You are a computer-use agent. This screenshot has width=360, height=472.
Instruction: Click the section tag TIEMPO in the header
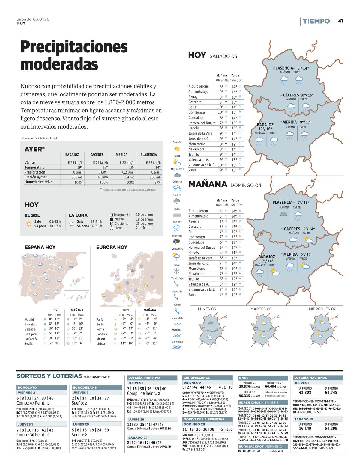[x=316, y=21]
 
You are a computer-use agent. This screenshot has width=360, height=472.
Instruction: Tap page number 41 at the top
[x=340, y=21]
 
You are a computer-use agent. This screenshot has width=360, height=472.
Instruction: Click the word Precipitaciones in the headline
[x=74, y=47]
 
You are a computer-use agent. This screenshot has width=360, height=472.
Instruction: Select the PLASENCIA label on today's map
[x=283, y=68]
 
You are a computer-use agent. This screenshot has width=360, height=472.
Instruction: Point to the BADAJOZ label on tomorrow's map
[x=266, y=257]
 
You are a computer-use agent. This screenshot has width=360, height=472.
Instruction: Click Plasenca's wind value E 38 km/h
[x=155, y=162]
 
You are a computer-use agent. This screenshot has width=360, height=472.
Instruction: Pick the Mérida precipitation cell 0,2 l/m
[x=128, y=172]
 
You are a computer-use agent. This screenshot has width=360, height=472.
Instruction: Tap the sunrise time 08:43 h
[x=55, y=222]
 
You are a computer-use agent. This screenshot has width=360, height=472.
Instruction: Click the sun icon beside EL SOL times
[x=29, y=224]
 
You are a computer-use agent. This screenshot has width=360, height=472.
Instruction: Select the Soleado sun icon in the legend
[x=177, y=148]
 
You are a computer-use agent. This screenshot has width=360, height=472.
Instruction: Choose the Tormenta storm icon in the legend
[x=177, y=241]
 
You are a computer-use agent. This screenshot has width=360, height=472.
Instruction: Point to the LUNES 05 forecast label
[x=207, y=309]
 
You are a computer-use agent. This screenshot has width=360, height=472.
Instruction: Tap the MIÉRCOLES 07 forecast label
[x=322, y=309]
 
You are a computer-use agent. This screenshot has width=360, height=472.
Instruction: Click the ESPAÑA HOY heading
[x=40, y=247]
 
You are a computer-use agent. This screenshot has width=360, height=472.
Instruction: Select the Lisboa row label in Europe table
[x=101, y=344]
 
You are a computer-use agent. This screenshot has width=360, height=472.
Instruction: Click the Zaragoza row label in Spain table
[x=31, y=334]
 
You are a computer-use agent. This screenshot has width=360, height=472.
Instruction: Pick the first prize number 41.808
[x=305, y=393]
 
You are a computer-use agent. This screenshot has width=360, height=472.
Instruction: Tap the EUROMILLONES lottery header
[x=196, y=378]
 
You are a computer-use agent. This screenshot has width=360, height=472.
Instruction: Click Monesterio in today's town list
[x=197, y=144]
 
